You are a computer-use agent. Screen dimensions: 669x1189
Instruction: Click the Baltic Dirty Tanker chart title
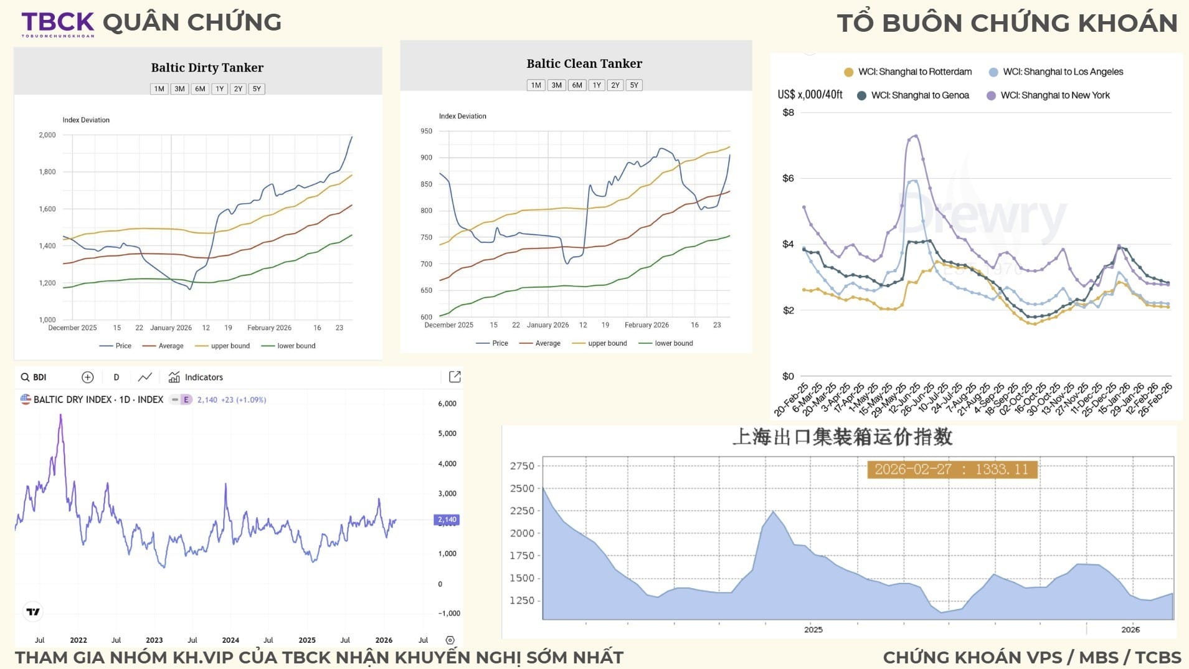coord(207,67)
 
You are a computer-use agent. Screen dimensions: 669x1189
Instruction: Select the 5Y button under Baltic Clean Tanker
coord(633,85)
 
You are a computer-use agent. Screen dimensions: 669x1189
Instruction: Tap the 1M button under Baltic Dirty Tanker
coord(159,89)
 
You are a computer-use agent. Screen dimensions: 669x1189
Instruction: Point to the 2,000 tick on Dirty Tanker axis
coord(47,135)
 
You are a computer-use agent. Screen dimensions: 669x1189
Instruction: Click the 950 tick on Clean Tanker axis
coord(426,131)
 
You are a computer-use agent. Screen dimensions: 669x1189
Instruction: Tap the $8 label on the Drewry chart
coord(788,113)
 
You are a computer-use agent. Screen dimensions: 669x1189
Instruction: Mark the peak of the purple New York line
coord(915,135)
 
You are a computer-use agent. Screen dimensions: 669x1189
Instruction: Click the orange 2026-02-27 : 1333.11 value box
coord(952,470)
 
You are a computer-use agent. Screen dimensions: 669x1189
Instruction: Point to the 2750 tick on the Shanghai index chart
coord(522,466)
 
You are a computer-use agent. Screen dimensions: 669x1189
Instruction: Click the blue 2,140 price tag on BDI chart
coord(447,520)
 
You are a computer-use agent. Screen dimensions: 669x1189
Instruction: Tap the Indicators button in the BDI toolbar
coord(196,377)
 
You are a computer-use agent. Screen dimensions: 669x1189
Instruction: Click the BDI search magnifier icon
coord(25,377)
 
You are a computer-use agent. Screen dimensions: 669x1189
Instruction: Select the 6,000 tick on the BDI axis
coord(447,404)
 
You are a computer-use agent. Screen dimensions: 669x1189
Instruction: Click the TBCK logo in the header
coord(58,23)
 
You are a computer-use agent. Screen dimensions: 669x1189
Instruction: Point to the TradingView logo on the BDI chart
coord(33,612)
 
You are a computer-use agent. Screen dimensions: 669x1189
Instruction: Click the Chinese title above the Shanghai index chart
coord(842,437)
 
